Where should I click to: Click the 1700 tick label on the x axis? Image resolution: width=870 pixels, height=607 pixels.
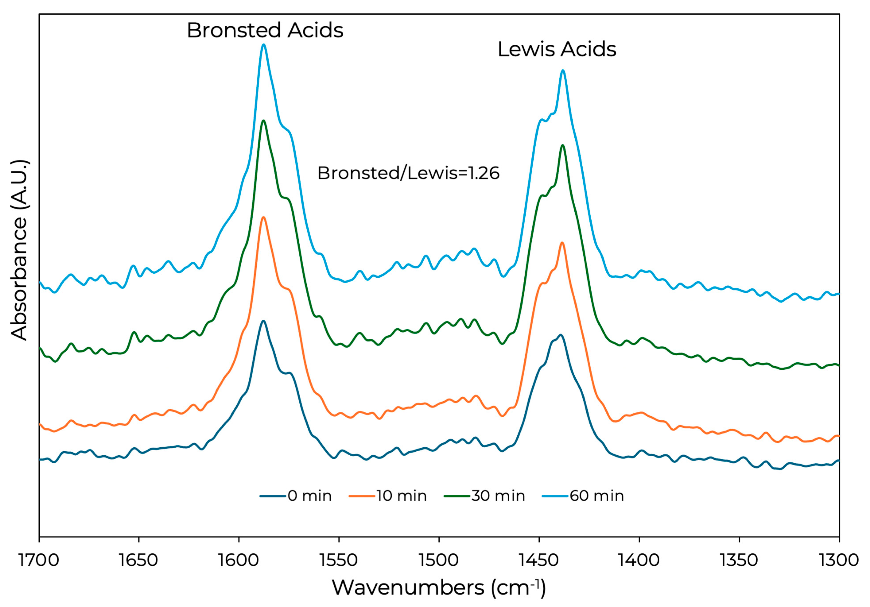click(x=39, y=560)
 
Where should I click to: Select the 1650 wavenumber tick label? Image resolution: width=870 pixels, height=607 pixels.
click(x=139, y=560)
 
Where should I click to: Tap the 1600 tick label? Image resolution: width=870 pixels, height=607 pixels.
click(x=239, y=560)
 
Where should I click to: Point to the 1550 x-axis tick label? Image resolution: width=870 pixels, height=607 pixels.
click(x=339, y=560)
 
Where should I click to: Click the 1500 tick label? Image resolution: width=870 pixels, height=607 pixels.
click(x=439, y=560)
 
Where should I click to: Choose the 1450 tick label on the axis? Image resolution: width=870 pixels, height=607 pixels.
click(x=539, y=560)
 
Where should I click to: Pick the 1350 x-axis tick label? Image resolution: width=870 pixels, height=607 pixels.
click(x=739, y=560)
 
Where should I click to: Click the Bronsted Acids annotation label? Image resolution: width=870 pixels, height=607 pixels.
click(x=265, y=30)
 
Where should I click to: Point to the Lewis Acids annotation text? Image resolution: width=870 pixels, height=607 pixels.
click(x=557, y=50)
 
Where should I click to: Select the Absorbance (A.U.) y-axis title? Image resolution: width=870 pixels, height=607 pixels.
click(x=19, y=250)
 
